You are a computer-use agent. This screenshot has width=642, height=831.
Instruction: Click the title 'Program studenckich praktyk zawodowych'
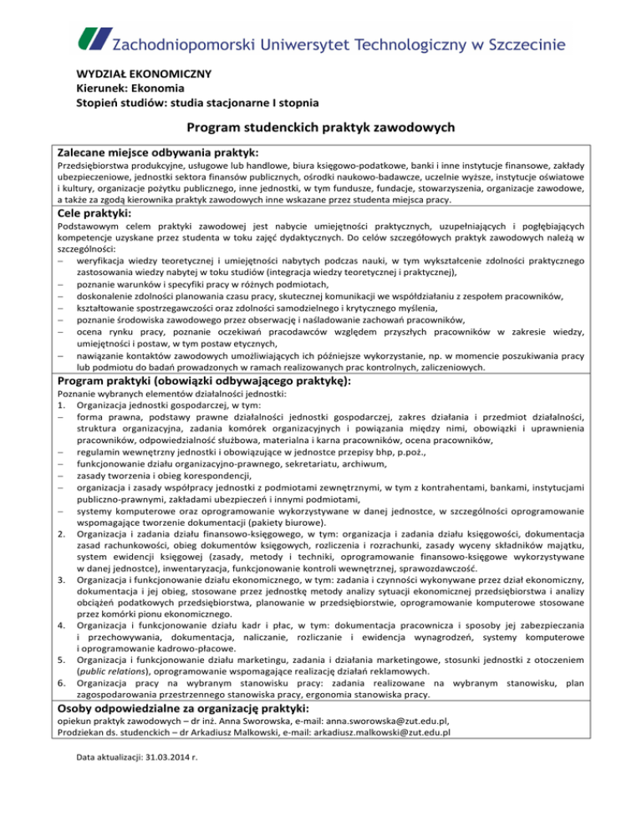[321, 128]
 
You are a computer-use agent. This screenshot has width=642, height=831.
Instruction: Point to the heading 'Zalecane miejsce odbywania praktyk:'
[157, 153]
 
